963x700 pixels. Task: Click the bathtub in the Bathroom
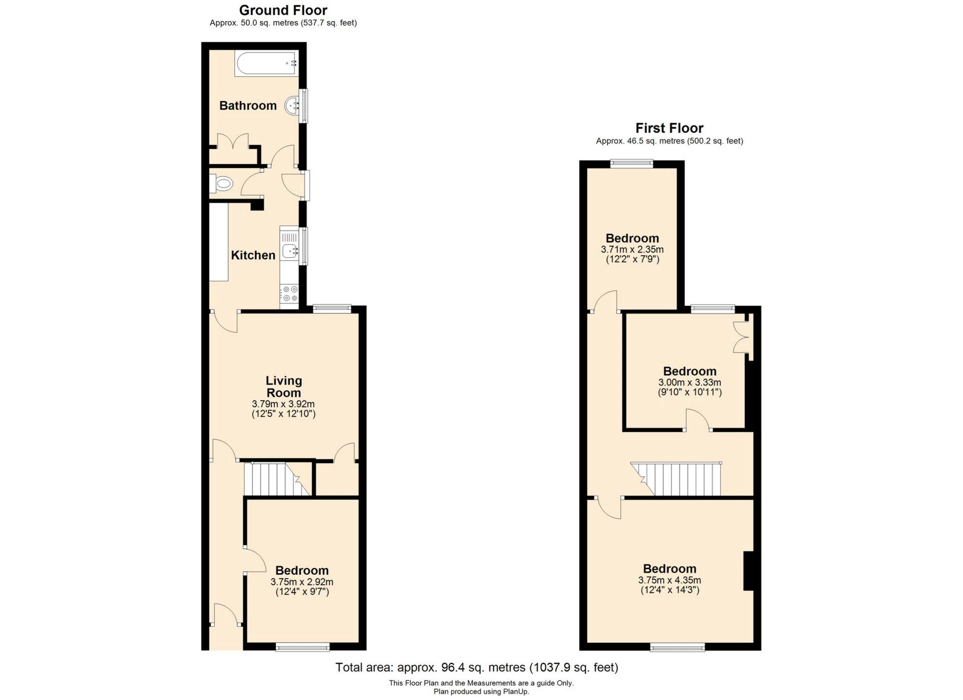(266, 64)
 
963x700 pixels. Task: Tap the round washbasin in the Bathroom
(292, 106)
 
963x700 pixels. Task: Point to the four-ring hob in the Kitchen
(289, 294)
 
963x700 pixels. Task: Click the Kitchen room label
(253, 255)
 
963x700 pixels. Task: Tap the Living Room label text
(283, 387)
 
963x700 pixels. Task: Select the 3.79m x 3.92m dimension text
(283, 404)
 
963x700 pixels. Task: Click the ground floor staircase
(276, 479)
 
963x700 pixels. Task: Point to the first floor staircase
(677, 479)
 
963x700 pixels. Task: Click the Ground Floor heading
(283, 10)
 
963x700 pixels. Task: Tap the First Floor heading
(669, 128)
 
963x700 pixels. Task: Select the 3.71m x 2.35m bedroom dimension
(632, 249)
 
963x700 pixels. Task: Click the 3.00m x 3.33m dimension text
(690, 382)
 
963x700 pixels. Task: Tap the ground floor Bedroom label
(302, 571)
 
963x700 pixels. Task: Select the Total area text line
(476, 667)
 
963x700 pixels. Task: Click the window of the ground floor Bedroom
(302, 647)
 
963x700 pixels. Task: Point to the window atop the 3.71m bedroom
(631, 163)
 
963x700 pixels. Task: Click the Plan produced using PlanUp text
(481, 691)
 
